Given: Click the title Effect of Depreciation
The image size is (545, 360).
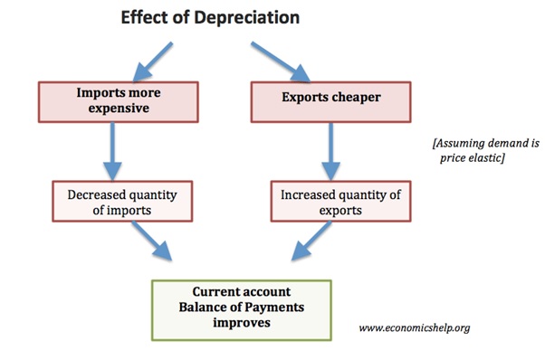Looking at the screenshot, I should pos(210,18).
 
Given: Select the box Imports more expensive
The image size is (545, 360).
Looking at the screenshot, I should pos(111,100).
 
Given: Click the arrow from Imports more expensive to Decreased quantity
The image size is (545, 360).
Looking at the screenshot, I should pos(111,149).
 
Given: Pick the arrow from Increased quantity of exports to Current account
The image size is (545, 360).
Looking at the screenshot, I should pos(307,244).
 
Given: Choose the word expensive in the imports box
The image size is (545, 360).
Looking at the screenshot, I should pos(111,109).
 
